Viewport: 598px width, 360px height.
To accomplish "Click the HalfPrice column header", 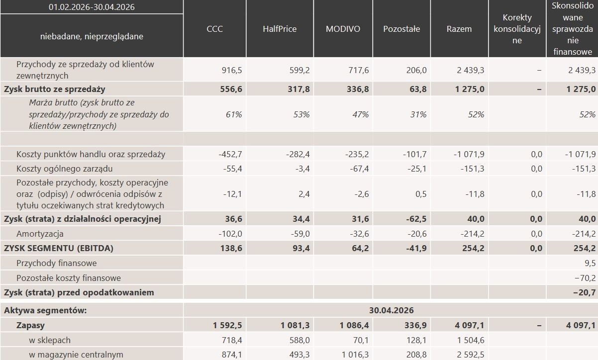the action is tap(280, 29).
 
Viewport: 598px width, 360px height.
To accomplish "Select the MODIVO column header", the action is tap(343, 29).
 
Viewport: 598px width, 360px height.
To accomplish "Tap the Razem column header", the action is tap(459, 29).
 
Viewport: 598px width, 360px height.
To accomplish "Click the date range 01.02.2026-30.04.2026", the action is tap(92, 7).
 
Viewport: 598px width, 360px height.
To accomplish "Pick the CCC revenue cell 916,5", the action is tap(232, 70).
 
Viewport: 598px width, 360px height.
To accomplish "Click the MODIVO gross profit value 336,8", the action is tap(358, 89).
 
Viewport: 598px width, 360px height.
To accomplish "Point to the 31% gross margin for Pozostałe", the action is tap(418, 114).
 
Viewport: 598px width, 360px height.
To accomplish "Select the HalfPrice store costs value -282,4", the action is tap(298, 154).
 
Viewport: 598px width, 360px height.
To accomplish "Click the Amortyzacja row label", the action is tap(40, 234).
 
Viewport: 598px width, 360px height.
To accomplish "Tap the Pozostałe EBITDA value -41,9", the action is tap(416, 248).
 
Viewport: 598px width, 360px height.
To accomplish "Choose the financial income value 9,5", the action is tap(590, 263).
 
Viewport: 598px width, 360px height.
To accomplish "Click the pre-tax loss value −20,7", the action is tap(584, 292).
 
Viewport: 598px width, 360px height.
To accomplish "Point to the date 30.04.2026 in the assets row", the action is tap(392, 310).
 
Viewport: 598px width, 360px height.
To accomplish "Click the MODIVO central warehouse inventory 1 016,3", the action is tap(355, 355).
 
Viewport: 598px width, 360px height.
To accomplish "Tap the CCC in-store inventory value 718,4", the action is tap(232, 340).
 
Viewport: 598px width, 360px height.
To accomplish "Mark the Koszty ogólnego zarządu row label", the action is tap(65, 169).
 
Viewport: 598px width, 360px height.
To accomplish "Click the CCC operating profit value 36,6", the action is tap(233, 219).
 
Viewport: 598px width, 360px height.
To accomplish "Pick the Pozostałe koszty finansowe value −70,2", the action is tap(585, 278).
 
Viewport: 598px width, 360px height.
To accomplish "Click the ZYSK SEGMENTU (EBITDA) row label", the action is tap(59, 248).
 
